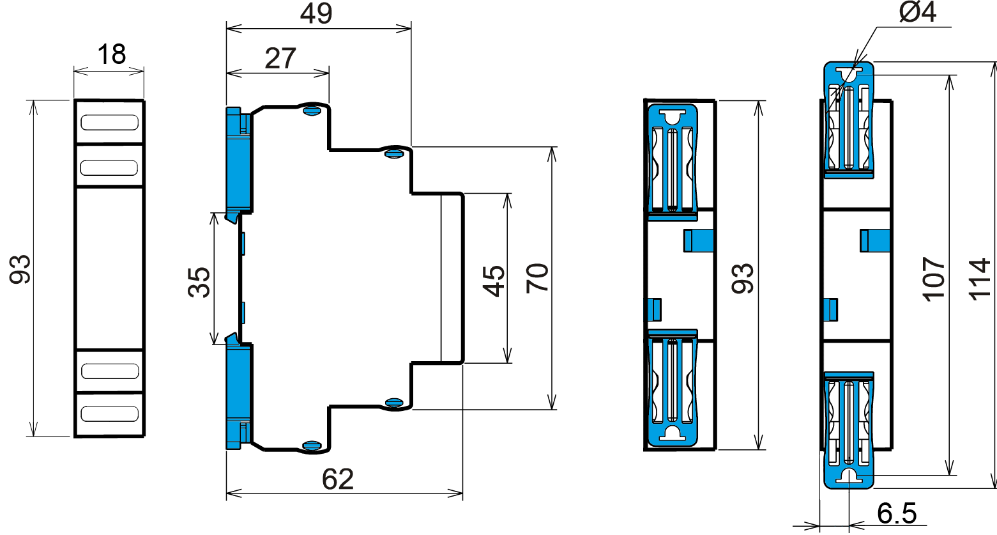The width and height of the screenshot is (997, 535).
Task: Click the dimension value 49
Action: point(316,14)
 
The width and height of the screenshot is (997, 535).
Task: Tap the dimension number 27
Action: point(280,59)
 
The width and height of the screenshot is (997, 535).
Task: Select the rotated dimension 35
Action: point(200,282)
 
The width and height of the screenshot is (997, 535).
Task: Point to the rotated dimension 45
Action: point(493,281)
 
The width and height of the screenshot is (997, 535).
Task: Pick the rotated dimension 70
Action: point(537,278)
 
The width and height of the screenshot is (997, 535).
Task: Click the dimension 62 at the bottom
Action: point(338,479)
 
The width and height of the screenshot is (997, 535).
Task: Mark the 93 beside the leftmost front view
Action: point(20,269)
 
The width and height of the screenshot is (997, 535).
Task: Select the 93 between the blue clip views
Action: point(743,279)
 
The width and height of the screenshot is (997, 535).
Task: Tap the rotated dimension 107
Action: point(933,279)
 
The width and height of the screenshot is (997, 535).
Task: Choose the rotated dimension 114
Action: point(979,279)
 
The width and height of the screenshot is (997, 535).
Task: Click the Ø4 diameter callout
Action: point(918,13)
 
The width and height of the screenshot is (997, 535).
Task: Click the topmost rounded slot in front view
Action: point(110,122)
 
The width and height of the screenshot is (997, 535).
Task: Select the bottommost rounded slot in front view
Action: point(110,414)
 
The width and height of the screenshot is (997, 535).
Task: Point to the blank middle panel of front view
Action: point(109,268)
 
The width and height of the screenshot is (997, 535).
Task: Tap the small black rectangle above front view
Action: point(112,54)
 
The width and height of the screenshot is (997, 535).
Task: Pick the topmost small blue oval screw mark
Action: point(312,111)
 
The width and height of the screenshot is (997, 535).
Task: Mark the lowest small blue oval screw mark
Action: point(312,446)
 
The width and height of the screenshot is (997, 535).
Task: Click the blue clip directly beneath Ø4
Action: point(848,120)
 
